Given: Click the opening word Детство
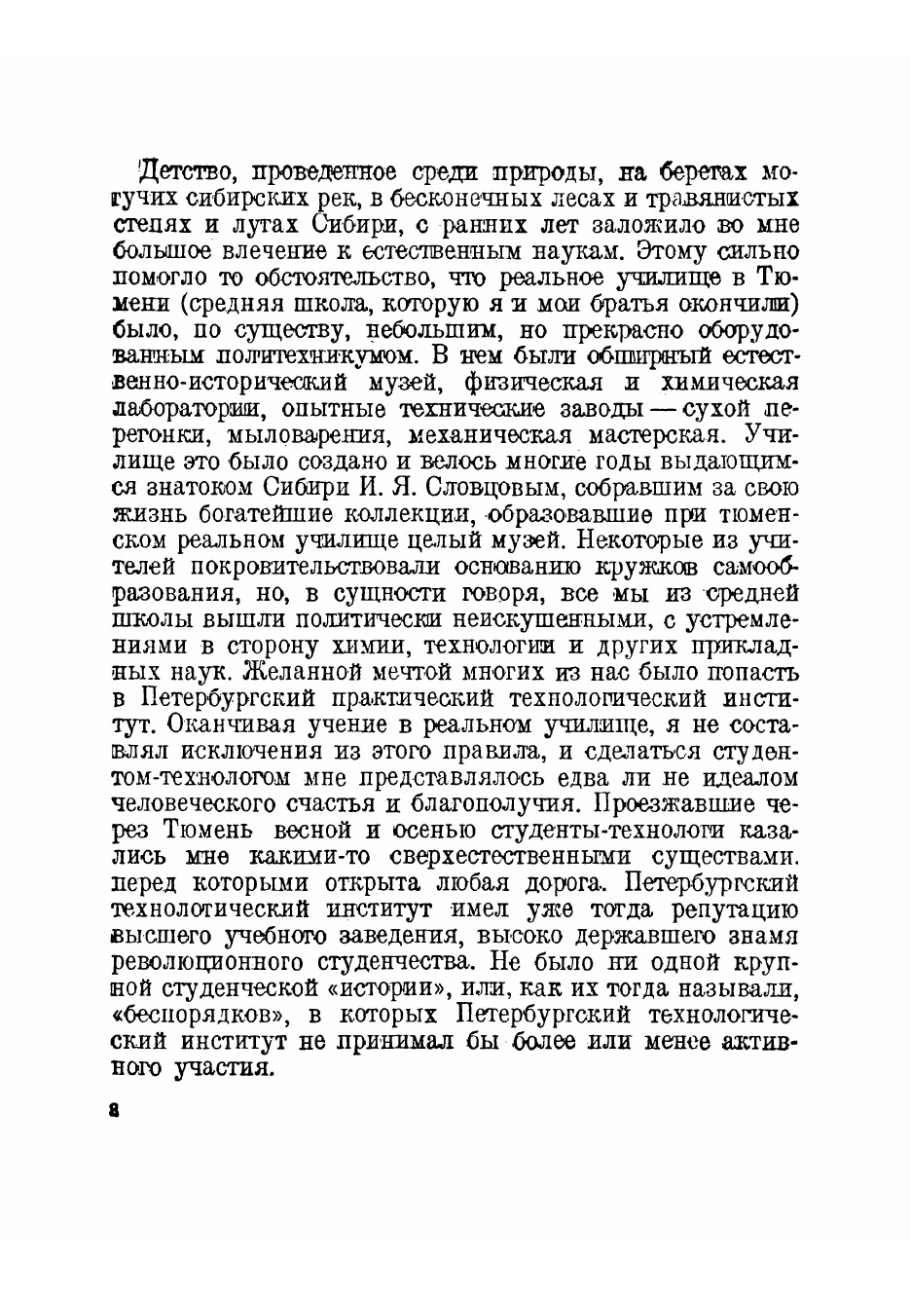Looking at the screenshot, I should (x=185, y=174).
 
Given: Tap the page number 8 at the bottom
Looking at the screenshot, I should (x=115, y=1113).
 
